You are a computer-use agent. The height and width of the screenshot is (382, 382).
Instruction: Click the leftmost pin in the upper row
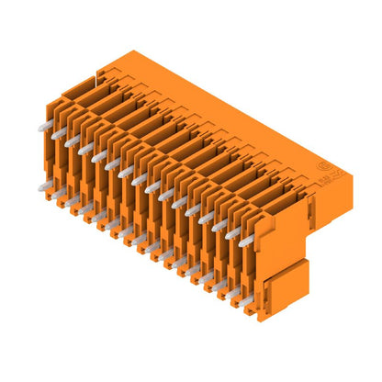coord(46,129)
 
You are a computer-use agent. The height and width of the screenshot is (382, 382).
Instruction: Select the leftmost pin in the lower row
coord(44,186)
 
